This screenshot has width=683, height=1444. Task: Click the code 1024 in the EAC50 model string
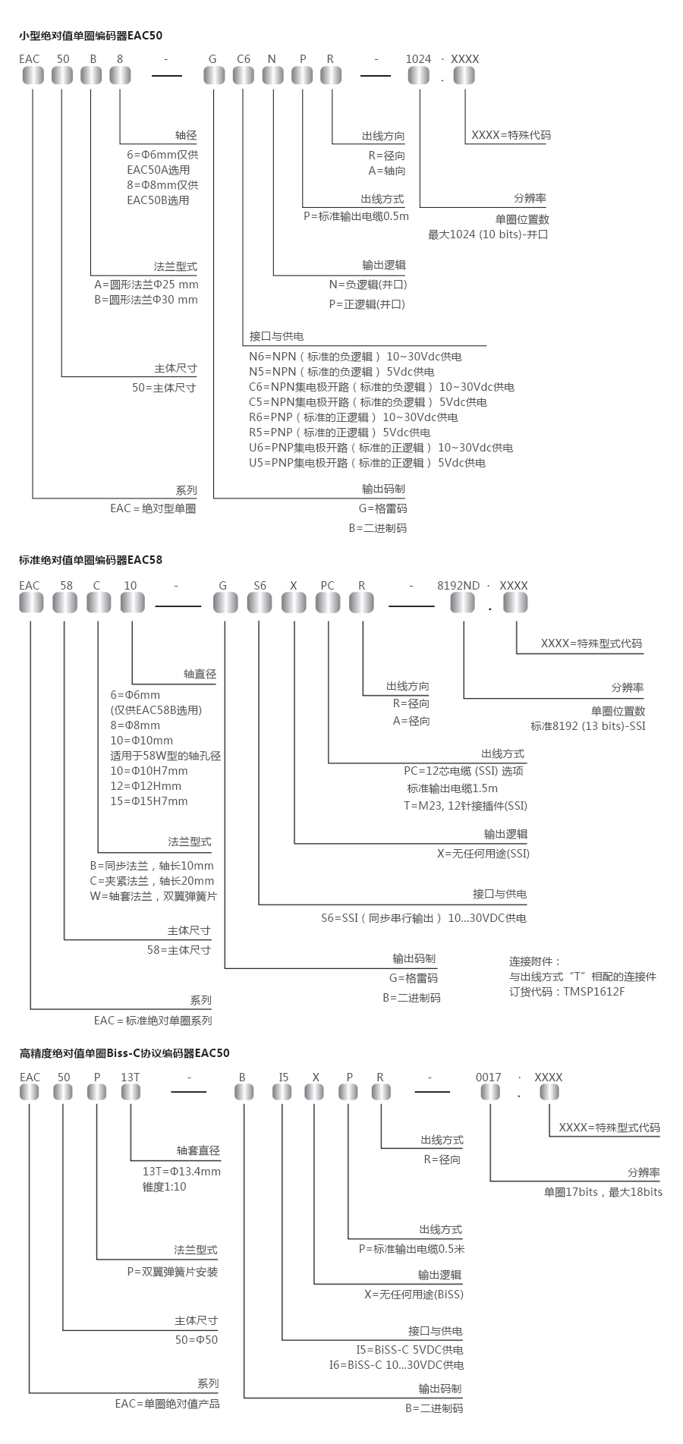(418, 58)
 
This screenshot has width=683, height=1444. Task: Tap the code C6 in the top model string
(244, 58)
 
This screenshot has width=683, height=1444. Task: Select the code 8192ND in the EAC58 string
(458, 585)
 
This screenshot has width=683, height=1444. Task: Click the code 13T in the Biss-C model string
(131, 1077)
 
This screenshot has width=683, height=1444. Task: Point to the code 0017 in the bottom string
(489, 1077)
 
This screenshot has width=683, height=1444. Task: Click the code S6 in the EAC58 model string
(260, 585)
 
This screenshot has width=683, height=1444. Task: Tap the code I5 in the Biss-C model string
(283, 1077)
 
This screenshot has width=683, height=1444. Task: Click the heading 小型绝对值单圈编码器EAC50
(90, 35)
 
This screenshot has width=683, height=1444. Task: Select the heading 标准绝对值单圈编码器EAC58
(90, 560)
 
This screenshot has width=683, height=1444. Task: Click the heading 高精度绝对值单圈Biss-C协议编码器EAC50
(124, 1052)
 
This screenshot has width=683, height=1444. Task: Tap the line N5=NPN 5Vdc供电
(341, 372)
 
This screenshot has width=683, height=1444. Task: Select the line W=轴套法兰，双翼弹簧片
(153, 896)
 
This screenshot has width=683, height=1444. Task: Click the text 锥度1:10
(165, 1186)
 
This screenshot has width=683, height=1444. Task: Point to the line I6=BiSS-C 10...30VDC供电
(396, 1365)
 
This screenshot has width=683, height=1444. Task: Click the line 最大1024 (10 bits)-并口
(488, 234)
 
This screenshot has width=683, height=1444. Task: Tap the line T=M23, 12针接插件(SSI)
(465, 806)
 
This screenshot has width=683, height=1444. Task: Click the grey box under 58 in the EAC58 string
(65, 602)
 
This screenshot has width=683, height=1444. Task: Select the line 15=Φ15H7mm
(149, 801)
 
